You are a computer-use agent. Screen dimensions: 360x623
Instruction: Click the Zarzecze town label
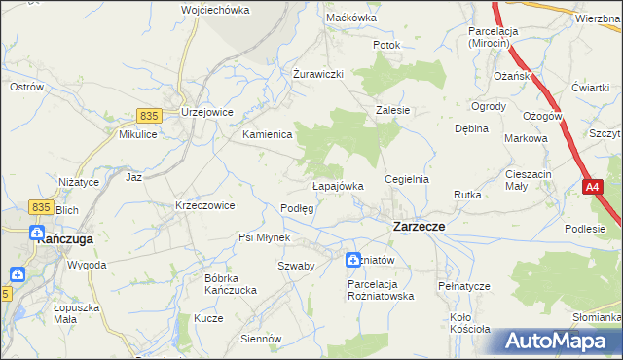[419, 226]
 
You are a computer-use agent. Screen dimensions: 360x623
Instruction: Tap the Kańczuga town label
[64, 236]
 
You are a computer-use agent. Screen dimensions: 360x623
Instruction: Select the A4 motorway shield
[593, 186]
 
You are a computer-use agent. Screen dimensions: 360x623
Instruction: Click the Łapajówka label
[338, 186]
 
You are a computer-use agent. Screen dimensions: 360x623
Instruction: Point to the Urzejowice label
[206, 112]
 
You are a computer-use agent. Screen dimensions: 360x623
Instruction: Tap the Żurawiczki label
[319, 74]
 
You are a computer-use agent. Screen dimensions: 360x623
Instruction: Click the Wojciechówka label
[215, 10]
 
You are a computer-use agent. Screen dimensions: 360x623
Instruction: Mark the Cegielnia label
[407, 180]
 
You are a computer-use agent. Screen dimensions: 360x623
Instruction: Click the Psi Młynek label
[265, 237]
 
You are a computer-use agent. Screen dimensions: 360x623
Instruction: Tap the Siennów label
[262, 339]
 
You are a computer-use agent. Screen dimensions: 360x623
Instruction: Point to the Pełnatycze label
[462, 286]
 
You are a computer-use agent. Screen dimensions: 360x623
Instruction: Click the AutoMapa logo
[556, 342]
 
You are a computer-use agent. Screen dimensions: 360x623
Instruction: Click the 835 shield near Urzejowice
[148, 115]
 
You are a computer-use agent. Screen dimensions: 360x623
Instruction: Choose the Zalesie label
[393, 111]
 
